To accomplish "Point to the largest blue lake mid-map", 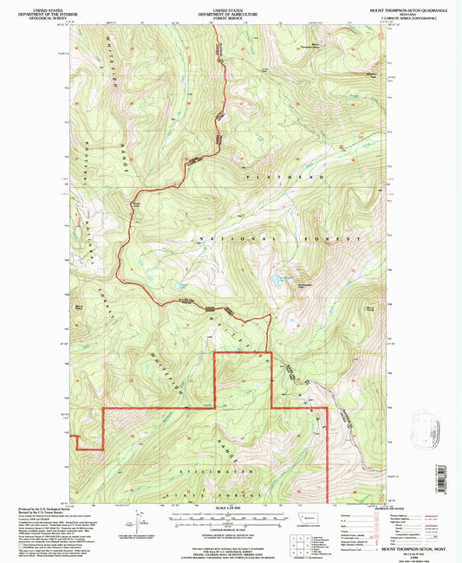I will [275, 281].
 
